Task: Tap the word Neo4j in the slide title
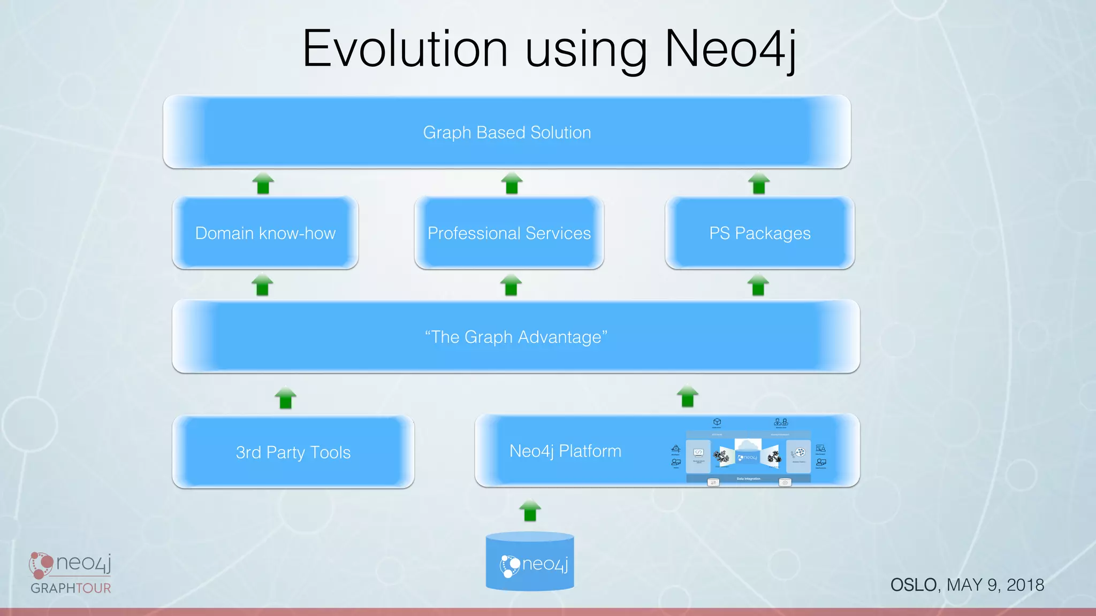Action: (x=730, y=49)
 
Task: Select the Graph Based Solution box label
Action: (x=507, y=133)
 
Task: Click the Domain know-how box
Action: (x=265, y=233)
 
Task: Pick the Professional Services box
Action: (x=509, y=233)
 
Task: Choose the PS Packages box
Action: (x=759, y=233)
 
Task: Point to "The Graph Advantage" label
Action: (x=516, y=337)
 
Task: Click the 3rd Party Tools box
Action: (x=293, y=452)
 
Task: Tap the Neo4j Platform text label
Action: (x=565, y=451)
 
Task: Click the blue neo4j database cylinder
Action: (x=530, y=563)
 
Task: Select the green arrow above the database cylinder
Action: (x=530, y=510)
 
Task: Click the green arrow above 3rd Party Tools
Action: (x=285, y=398)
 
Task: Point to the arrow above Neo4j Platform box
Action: (x=688, y=396)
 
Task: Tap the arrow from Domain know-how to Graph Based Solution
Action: (x=263, y=183)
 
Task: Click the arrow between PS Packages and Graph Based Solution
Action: (x=759, y=183)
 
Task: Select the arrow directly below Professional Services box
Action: (x=511, y=285)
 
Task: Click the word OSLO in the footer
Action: (x=913, y=585)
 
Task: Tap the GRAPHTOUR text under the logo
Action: (x=71, y=588)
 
